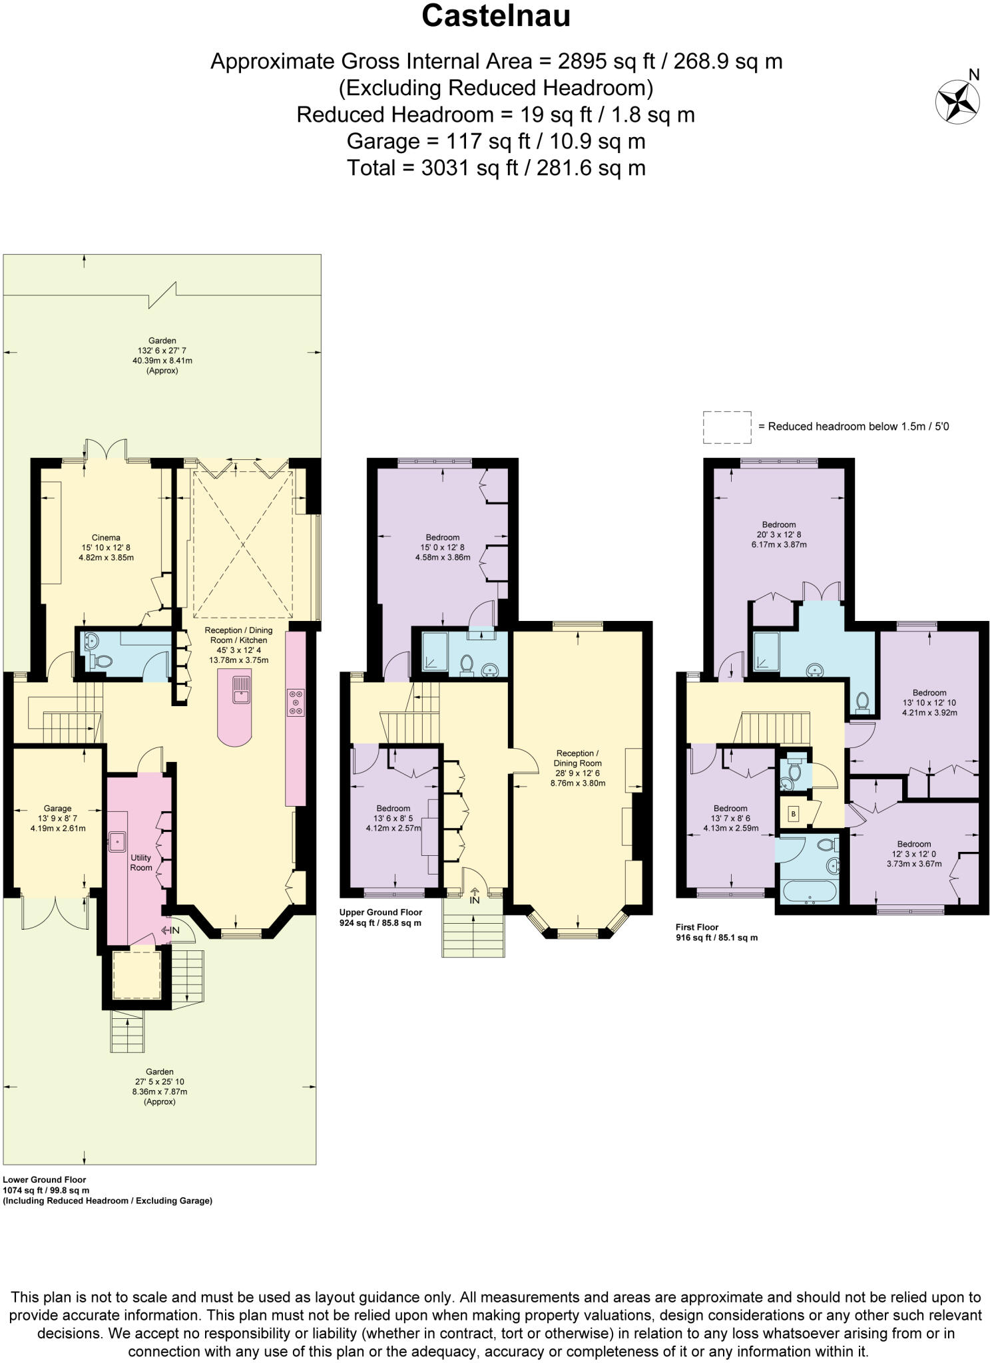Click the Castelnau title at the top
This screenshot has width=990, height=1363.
495,16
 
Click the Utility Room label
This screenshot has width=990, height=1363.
140,863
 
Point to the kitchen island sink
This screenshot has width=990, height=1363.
241,689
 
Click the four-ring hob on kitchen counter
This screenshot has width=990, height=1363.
296,702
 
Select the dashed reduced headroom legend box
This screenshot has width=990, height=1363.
727,427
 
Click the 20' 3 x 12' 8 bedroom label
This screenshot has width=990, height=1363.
778,534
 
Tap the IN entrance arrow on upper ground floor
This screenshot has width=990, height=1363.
474,896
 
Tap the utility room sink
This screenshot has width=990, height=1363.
118,842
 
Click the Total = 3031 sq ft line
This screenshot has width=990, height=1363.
495,168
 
